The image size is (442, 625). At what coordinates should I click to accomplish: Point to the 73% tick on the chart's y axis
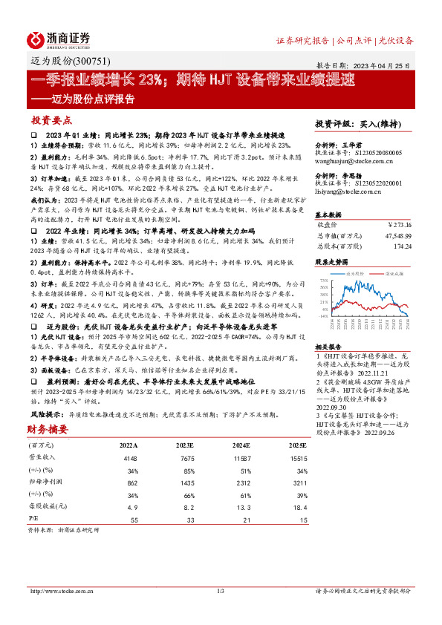click(322, 281)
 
